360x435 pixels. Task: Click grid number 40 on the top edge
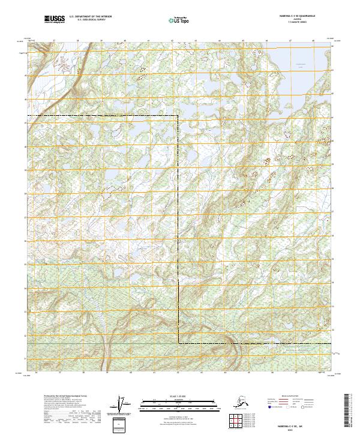(124, 41)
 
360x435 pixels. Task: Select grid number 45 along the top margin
(243, 41)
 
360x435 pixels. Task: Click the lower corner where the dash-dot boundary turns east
(179, 343)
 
